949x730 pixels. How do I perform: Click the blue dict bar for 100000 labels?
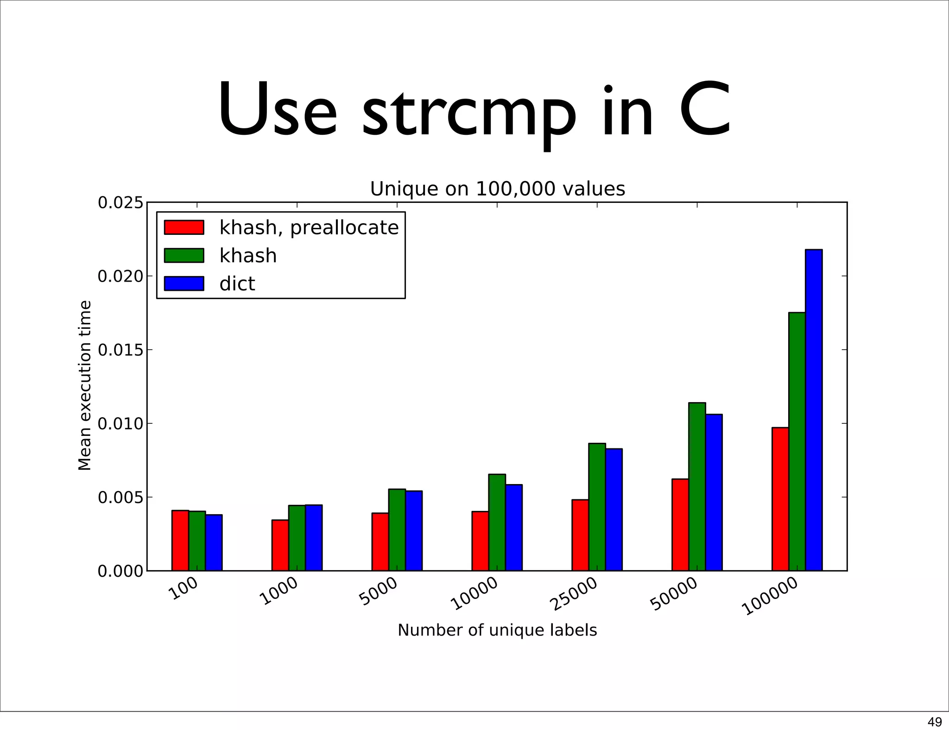814,410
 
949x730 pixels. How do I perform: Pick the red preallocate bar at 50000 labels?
680,524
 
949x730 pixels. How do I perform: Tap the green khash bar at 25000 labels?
597,507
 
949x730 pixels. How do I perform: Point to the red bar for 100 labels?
180,540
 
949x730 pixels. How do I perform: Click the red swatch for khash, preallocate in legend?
184,227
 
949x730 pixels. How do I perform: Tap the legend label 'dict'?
237,284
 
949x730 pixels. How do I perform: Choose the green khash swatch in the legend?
184,256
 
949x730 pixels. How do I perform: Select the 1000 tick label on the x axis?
279,592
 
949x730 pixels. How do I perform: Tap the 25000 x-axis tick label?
574,595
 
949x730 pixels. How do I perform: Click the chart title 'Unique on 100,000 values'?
497,189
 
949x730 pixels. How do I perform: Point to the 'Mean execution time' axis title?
85,385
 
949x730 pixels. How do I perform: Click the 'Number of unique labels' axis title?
497,630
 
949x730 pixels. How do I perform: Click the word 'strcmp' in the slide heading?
468,113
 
